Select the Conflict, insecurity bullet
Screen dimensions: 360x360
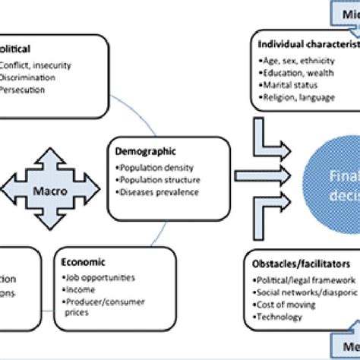[x=36, y=65]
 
